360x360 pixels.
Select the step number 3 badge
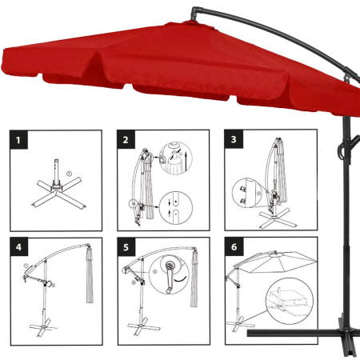(233, 142)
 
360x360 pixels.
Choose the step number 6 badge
(233, 249)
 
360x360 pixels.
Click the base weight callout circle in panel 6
(286, 303)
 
